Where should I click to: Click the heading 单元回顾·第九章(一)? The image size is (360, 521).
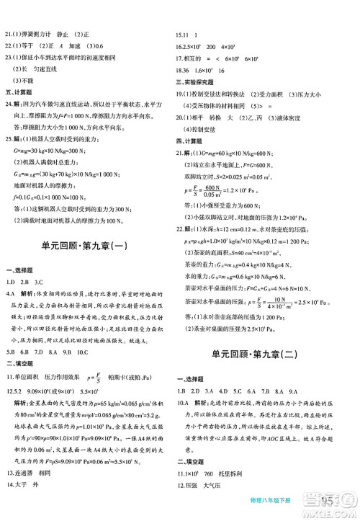89,244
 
